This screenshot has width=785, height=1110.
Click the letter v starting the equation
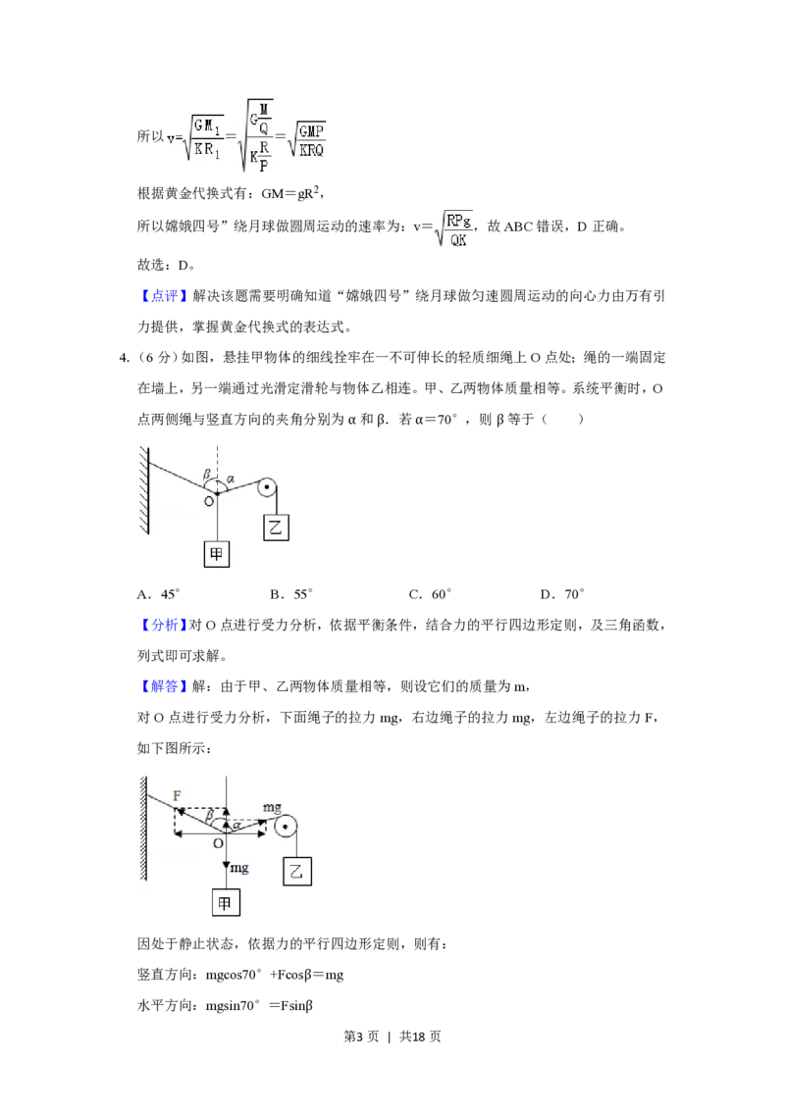tap(171, 139)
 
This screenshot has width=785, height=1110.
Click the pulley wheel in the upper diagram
tap(267, 487)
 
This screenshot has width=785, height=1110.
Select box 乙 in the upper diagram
tap(277, 527)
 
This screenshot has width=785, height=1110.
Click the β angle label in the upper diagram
tap(207, 476)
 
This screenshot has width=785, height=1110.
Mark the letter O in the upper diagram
tap(208, 501)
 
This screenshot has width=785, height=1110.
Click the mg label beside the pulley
tap(273, 807)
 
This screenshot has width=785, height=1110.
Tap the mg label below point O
tap(238, 869)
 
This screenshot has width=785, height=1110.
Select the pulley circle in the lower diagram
tap(286, 829)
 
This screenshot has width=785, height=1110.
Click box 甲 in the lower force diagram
tap(227, 903)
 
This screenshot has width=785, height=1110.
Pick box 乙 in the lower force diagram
tap(294, 871)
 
